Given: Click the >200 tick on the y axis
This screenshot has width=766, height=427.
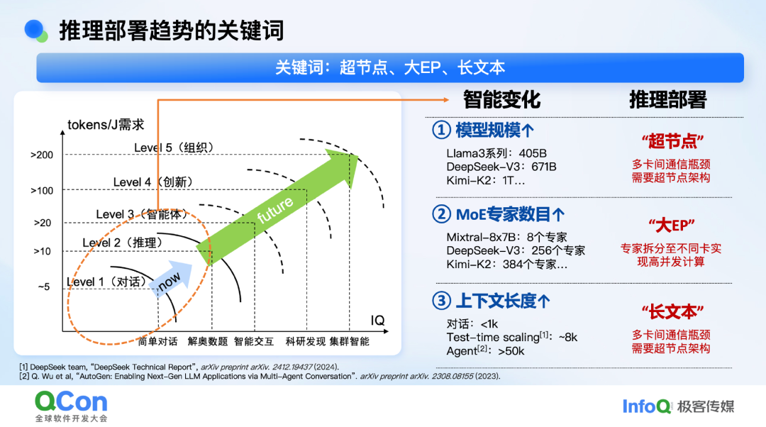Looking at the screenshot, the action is (x=42, y=155).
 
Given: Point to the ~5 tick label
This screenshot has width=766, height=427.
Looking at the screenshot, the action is (x=43, y=287).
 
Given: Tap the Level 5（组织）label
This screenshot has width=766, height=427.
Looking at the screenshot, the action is (x=174, y=148).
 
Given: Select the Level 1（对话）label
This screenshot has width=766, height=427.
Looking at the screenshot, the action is (x=106, y=282).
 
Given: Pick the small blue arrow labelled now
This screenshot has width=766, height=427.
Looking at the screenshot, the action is (x=170, y=279).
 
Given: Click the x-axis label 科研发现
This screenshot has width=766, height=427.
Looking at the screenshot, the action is (x=305, y=341).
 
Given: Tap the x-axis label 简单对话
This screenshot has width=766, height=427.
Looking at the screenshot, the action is (x=157, y=341).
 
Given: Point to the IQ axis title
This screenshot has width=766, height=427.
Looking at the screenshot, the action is (x=377, y=320).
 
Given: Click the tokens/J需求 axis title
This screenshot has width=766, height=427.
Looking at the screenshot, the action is (x=106, y=125).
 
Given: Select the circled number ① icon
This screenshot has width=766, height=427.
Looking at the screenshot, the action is (x=441, y=130).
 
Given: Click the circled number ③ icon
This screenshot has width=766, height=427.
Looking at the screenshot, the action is (x=441, y=301).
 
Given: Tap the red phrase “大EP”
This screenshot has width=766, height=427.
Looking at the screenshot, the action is (x=671, y=226).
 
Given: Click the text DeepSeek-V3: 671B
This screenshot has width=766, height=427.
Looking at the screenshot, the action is (x=501, y=167).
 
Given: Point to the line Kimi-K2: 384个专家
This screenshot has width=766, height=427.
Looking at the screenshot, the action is (x=506, y=265).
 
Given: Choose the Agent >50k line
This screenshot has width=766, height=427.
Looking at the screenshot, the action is (x=485, y=350).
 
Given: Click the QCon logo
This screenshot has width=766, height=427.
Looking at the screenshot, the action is (x=72, y=406).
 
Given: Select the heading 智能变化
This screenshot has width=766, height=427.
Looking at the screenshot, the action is (x=501, y=100).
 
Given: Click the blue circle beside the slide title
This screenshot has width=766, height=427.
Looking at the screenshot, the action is (x=34, y=29).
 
